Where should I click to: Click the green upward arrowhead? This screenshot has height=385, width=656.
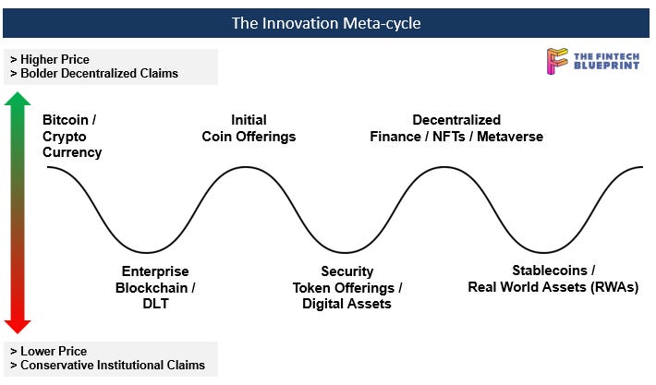tap(18, 101)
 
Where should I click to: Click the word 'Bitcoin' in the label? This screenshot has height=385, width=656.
tap(67, 120)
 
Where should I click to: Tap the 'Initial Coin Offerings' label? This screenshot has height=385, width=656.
tap(249, 128)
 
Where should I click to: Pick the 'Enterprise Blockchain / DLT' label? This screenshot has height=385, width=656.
tap(155, 287)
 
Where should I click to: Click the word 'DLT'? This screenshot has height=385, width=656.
tap(155, 304)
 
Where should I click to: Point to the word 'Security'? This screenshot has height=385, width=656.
tap(347, 271)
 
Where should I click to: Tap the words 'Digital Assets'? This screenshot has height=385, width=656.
tap(347, 304)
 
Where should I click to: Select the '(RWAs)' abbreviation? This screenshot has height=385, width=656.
tap(614, 287)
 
